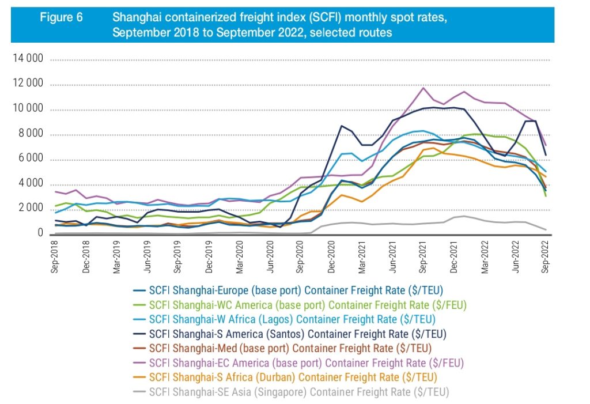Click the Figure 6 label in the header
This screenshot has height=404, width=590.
pos(60,17)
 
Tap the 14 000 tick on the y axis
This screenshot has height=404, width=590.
pos(27,59)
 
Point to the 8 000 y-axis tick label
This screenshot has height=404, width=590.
pos(29,135)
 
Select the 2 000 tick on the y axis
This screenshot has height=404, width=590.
pos(29,209)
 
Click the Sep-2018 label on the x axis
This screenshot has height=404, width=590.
pos(55,256)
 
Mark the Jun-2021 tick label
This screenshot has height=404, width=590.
pos(394,256)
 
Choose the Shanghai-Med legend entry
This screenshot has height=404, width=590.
pos(282,348)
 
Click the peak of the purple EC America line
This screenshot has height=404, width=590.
pos(423,88)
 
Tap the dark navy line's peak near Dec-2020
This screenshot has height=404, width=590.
pos(342,126)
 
